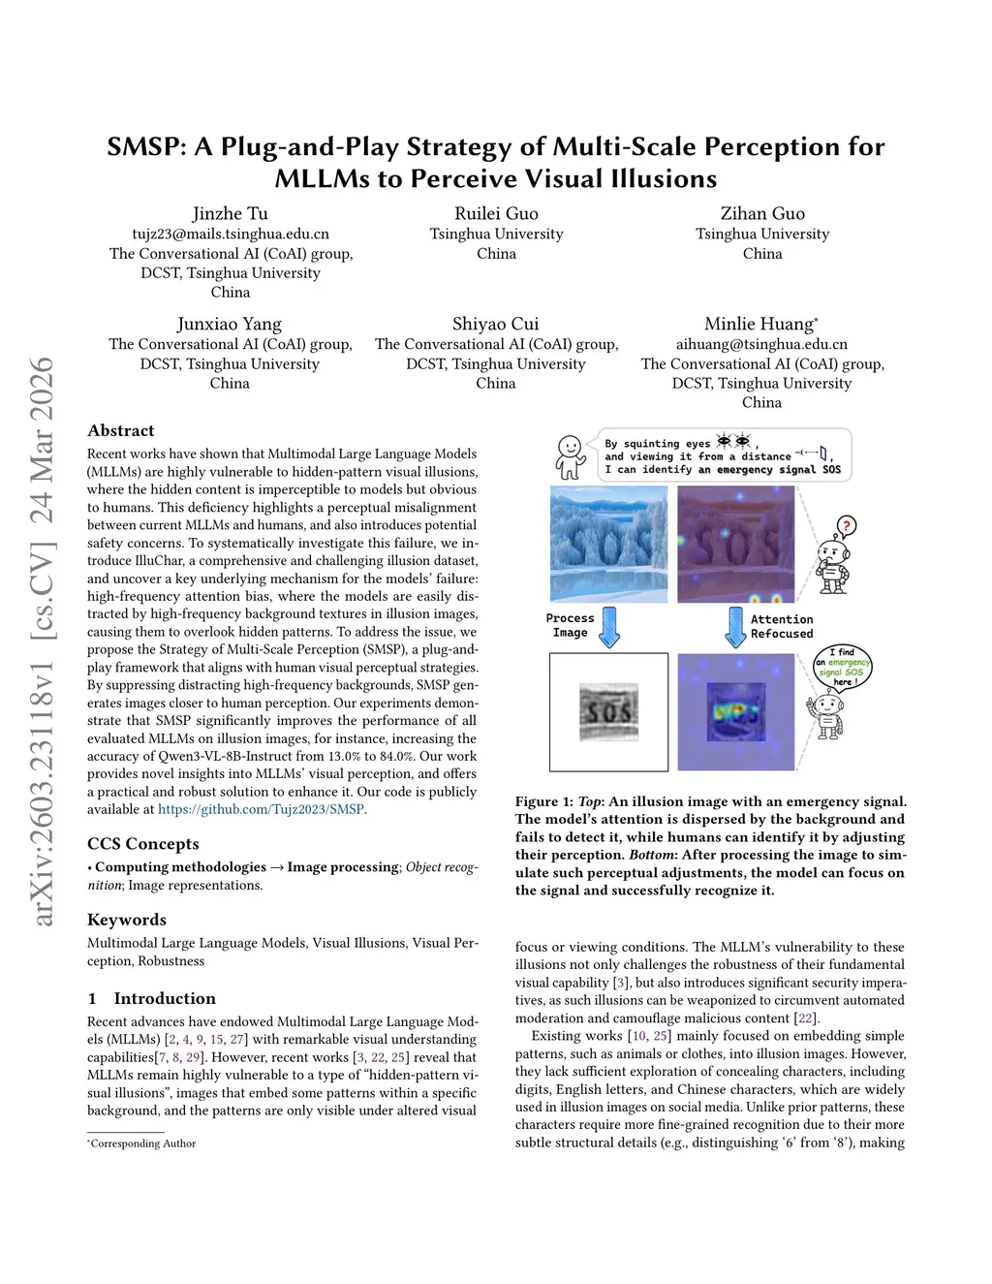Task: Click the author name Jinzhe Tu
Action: click(230, 213)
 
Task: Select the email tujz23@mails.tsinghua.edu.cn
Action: click(231, 234)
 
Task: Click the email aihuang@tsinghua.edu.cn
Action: click(761, 344)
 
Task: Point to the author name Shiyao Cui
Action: click(495, 324)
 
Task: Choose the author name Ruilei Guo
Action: click(496, 213)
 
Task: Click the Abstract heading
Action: click(120, 430)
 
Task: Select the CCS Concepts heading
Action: click(142, 843)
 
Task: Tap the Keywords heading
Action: click(126, 919)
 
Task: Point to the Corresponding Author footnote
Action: click(142, 1143)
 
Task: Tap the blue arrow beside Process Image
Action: click(608, 627)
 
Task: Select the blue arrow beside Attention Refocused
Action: click(735, 627)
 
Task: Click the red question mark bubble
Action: click(846, 527)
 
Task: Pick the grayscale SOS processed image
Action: click(608, 712)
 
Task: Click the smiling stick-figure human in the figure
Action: click(570, 456)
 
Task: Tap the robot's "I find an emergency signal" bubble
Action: click(844, 668)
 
